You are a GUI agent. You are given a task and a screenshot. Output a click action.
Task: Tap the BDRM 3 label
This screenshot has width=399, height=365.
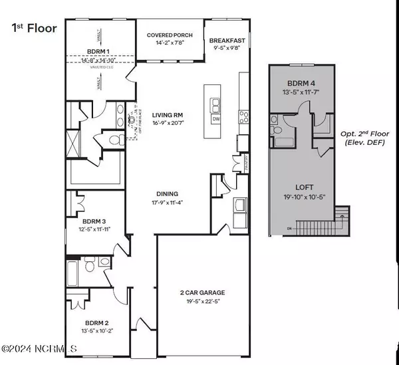tap(90, 223)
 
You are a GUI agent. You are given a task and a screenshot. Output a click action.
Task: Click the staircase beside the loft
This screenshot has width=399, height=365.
tap(342, 217)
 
